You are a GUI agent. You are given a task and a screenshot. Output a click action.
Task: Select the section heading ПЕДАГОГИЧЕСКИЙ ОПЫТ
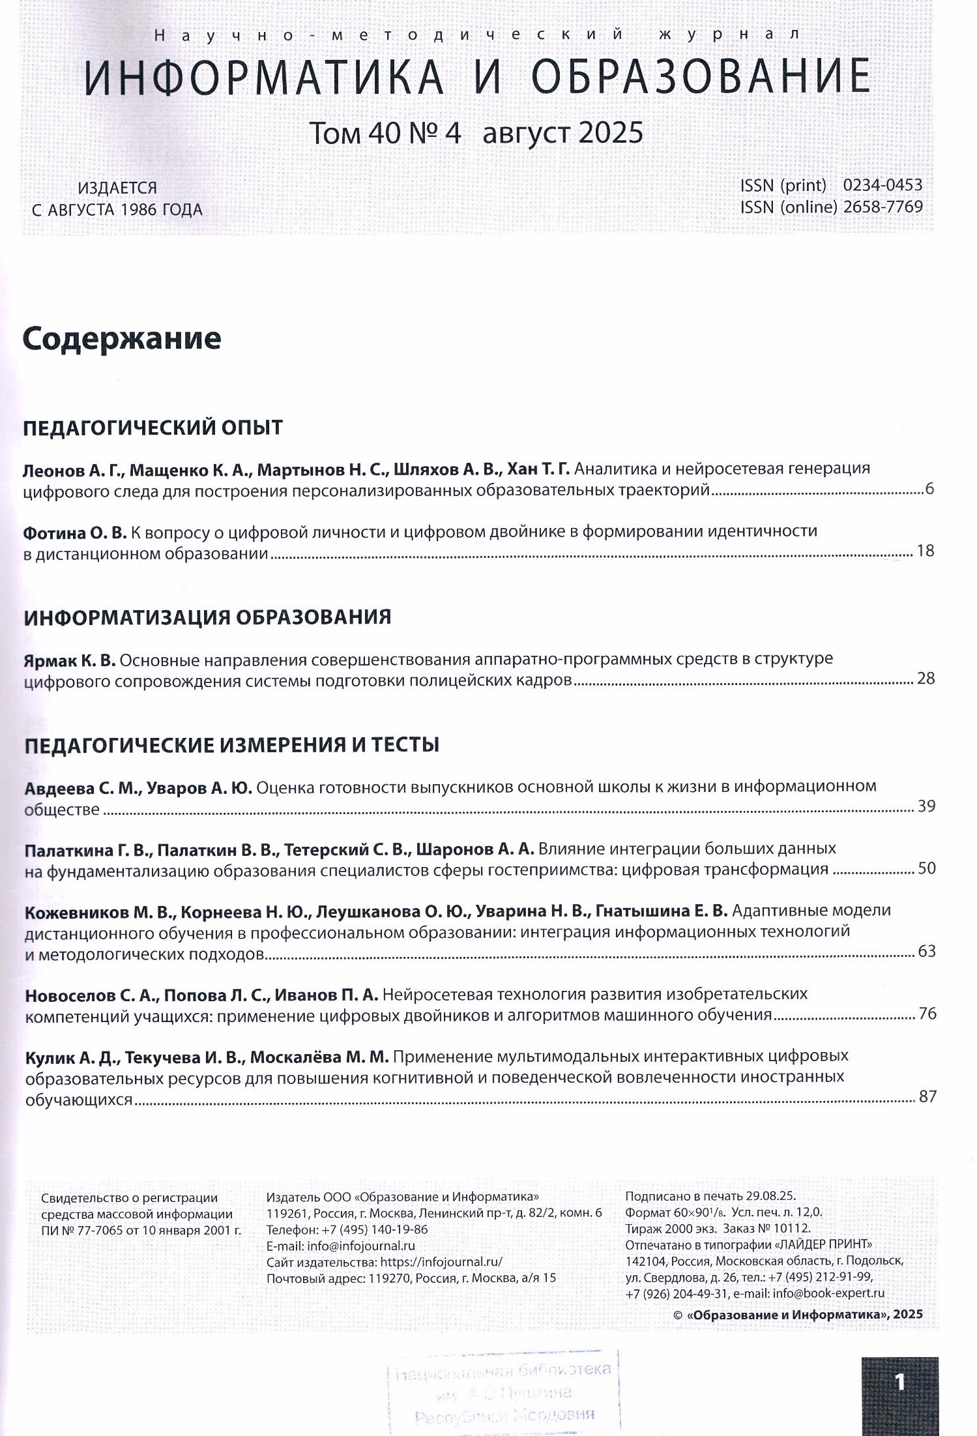click(x=153, y=428)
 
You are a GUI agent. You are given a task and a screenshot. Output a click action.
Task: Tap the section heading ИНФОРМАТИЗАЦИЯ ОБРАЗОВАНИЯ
click(x=207, y=617)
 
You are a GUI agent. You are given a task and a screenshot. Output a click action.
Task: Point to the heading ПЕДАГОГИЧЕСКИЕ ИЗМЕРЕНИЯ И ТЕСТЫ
click(x=231, y=744)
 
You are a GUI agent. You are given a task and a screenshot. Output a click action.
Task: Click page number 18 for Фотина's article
click(x=926, y=551)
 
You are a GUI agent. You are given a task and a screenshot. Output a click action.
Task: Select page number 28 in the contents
click(x=926, y=679)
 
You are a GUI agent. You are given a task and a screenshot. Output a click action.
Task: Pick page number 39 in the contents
click(x=926, y=806)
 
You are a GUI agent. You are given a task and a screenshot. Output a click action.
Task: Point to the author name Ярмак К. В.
click(x=69, y=660)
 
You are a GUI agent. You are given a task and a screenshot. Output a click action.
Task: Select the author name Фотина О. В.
click(x=75, y=533)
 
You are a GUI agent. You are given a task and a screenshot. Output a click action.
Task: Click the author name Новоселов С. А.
click(x=91, y=995)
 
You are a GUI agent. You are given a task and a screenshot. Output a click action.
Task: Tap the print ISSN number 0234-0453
click(x=882, y=186)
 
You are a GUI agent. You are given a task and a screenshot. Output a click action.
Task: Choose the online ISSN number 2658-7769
click(x=882, y=207)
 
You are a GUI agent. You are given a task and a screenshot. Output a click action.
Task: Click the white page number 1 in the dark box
click(x=899, y=1382)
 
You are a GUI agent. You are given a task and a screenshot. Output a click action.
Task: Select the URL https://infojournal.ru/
click(x=441, y=1262)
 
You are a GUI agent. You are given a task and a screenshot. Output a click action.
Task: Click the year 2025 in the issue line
click(x=610, y=134)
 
